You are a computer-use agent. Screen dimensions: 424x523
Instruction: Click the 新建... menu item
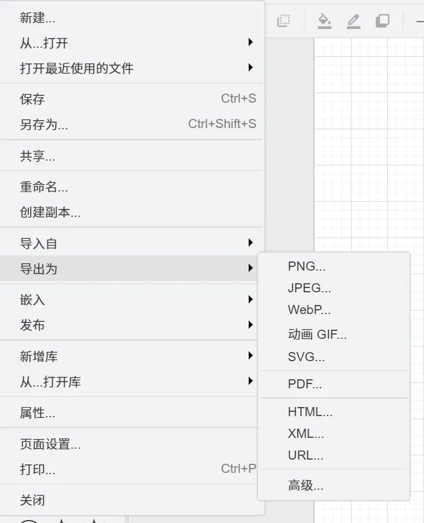coord(37,18)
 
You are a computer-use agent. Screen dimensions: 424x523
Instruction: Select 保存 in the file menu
coord(33,99)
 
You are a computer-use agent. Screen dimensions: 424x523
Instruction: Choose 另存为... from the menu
coord(44,124)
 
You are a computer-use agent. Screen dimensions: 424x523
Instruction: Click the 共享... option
coord(37,156)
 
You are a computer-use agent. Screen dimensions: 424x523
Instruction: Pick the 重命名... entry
coord(44,187)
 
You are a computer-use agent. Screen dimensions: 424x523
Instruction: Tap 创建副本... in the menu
coord(50,213)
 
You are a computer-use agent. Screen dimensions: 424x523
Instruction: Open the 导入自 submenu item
coord(39,243)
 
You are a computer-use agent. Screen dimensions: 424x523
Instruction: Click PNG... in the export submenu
coord(307,266)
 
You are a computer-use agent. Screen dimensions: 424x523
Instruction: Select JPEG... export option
coord(309,288)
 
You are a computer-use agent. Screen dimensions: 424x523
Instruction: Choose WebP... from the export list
coord(309,310)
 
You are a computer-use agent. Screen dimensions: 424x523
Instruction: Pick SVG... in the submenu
coord(306,357)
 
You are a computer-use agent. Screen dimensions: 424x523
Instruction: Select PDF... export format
coord(305,384)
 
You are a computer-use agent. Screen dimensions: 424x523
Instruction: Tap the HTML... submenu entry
coord(310,412)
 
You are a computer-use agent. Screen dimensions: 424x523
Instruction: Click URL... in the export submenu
coord(306,455)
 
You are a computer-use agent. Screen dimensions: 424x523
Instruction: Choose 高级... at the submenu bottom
coord(306,485)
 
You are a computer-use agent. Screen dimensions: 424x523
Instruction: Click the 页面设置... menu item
coord(50,445)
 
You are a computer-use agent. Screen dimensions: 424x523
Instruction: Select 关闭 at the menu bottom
coord(33,500)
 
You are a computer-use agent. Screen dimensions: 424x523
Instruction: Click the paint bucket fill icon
coord(324,21)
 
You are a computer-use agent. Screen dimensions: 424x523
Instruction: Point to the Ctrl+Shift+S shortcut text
coord(222,124)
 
